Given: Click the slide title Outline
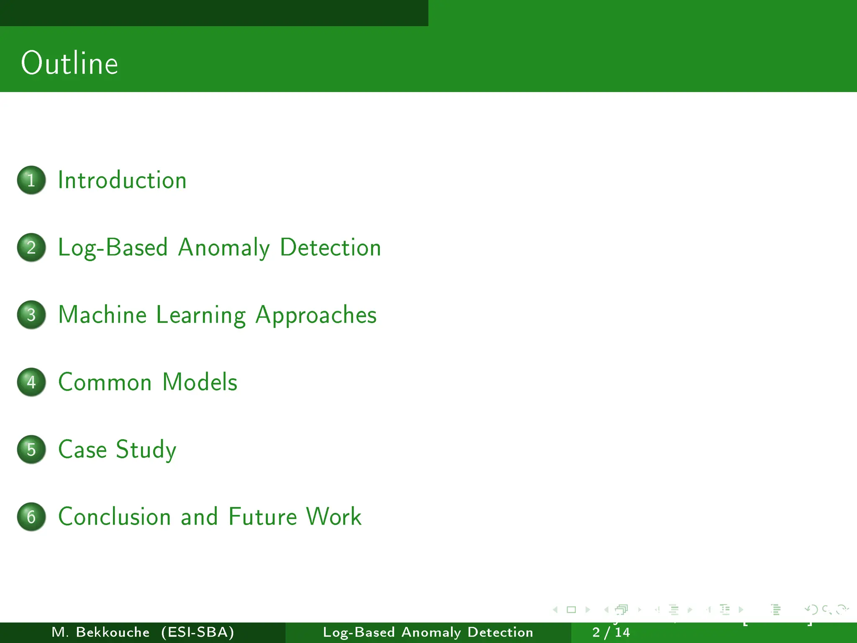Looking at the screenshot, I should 69,63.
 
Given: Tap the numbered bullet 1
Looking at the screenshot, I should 31,180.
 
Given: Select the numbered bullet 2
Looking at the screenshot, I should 31,247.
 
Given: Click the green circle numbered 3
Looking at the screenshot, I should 31,315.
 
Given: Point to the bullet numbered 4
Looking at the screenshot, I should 31,382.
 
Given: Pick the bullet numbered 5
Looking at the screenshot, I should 31,450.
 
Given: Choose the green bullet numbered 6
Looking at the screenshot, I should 31,517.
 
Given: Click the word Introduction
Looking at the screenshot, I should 122,180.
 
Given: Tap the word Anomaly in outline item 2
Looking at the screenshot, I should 224,248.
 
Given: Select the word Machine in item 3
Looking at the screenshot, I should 103,315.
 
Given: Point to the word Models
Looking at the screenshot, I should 200,382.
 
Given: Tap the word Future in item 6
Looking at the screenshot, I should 262,517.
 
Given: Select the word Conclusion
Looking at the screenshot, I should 115,517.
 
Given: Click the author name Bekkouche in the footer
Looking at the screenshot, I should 113,632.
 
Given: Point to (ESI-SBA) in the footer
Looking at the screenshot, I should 198,632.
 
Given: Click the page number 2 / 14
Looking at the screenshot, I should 611,632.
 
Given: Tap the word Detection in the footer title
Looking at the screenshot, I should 500,632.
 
